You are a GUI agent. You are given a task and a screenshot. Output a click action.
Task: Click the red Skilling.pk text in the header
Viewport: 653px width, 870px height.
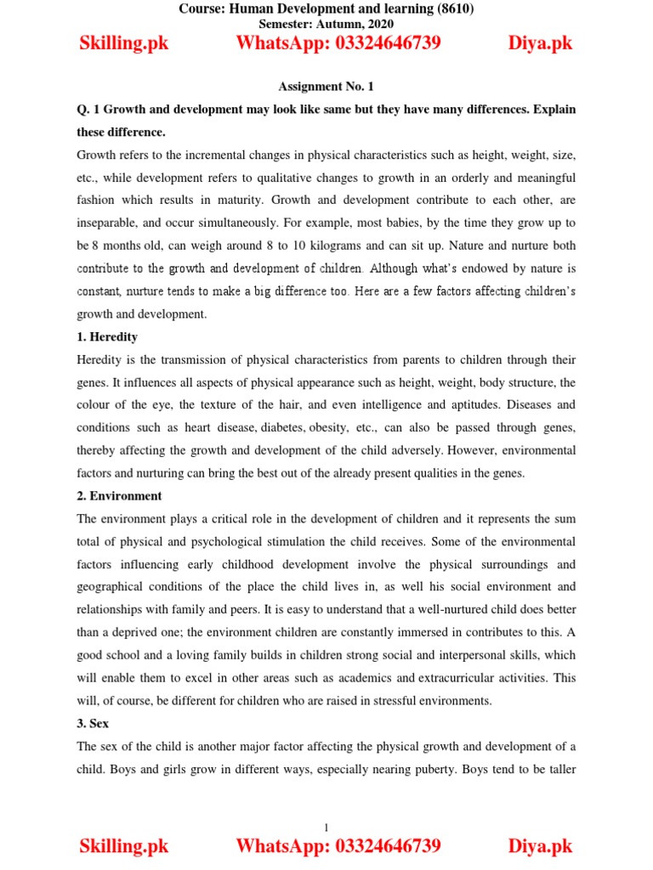point(124,43)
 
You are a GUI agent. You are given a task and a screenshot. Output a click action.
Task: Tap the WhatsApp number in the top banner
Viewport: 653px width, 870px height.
point(338,43)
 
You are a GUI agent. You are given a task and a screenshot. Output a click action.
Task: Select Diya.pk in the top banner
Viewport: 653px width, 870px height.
point(541,43)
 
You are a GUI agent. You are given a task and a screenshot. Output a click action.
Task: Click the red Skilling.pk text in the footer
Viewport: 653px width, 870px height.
point(124,846)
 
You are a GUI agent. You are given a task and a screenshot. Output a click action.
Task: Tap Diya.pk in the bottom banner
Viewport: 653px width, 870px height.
point(541,846)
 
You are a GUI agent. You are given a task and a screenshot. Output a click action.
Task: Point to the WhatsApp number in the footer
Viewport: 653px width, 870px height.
point(338,846)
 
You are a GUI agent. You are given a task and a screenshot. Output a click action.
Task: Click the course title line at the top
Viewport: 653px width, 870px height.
point(326,9)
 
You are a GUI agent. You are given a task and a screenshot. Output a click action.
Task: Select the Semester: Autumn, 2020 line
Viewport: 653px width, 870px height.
point(326,24)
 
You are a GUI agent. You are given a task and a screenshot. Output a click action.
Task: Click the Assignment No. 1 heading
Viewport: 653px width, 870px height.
point(326,87)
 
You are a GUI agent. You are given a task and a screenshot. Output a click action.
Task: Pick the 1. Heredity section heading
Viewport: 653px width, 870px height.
point(107,336)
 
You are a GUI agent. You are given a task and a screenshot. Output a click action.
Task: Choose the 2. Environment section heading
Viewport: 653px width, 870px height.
point(120,495)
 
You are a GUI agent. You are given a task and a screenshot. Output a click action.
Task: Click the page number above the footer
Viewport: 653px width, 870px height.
point(326,827)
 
